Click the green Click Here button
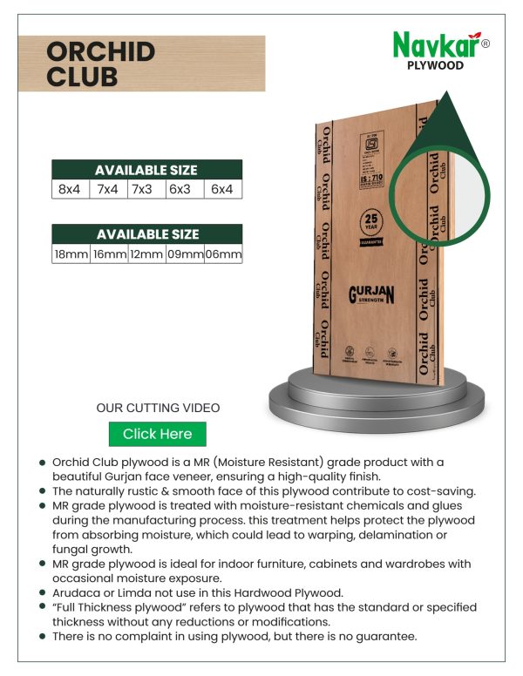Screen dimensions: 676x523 [x=157, y=434]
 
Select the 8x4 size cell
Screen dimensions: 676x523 [x=70, y=189]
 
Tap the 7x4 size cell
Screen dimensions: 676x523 [x=108, y=189]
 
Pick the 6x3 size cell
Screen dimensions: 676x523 [x=180, y=189]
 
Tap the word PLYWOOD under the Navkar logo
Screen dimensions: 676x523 [x=435, y=65]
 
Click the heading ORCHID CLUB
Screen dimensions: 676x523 [x=100, y=63]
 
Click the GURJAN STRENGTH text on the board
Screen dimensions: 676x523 [x=371, y=294]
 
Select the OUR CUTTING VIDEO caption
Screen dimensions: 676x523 [x=158, y=408]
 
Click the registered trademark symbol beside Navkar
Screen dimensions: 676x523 [x=486, y=44]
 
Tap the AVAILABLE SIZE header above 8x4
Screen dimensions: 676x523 [x=146, y=170]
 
